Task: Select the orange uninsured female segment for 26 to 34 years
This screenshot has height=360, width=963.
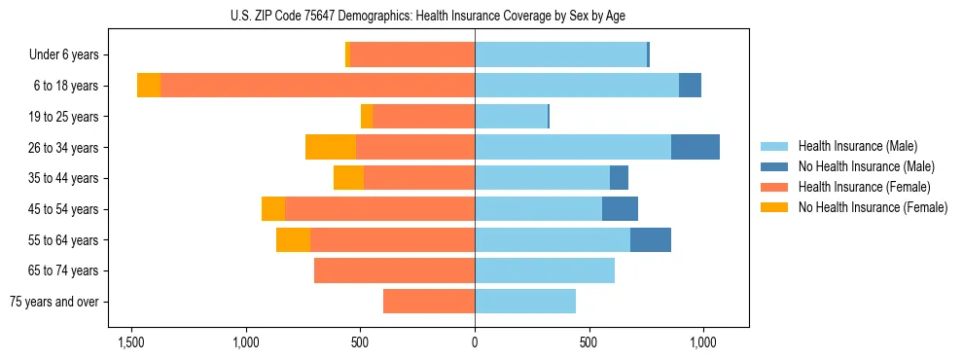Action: [331, 147]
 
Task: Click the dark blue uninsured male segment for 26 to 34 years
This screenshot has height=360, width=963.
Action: [695, 147]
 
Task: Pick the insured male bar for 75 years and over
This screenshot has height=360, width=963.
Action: [525, 302]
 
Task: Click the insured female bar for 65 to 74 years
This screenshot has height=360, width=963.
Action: [394, 270]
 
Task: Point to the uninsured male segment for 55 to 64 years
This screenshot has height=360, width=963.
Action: [651, 239]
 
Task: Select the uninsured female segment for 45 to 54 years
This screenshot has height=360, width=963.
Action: [273, 208]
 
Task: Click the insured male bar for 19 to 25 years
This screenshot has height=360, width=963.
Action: [511, 116]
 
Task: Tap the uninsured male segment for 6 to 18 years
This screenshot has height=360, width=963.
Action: [690, 86]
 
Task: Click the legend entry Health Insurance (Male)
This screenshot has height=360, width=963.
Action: [857, 146]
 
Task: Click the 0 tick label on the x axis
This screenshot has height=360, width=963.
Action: [475, 342]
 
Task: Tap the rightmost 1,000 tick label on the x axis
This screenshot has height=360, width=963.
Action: [703, 342]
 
